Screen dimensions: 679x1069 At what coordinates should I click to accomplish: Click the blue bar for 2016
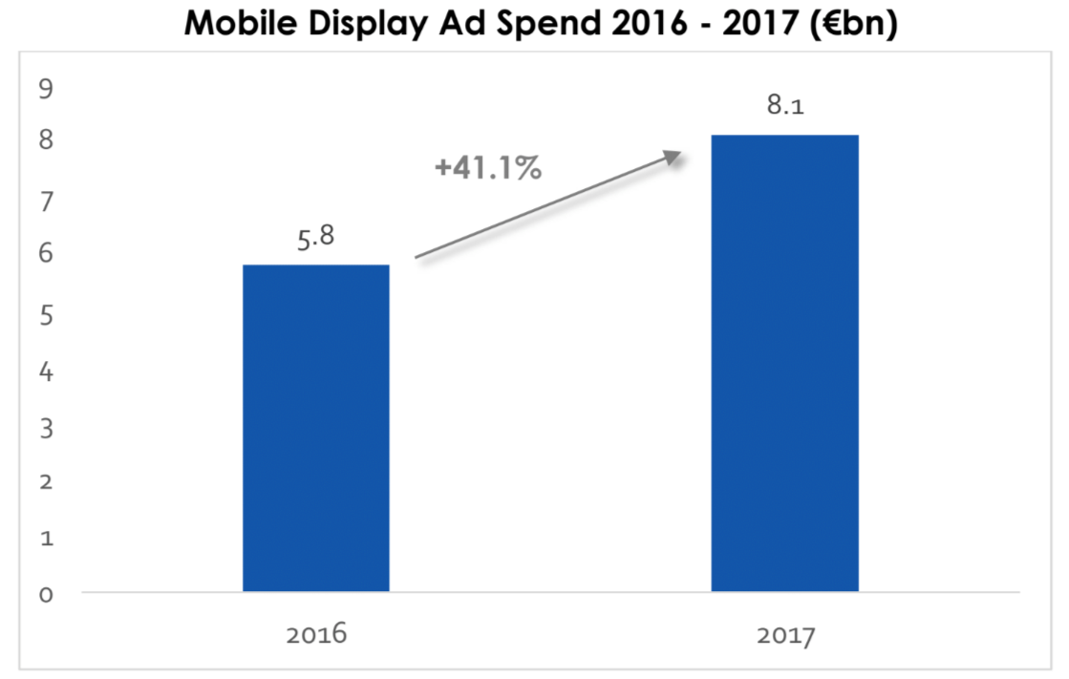(x=316, y=428)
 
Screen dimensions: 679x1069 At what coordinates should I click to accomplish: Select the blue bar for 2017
(x=784, y=363)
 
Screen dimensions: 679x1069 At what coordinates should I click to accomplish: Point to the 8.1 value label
(x=784, y=106)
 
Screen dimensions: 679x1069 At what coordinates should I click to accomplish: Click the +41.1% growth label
(x=487, y=169)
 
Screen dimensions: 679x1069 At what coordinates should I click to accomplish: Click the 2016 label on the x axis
(x=316, y=635)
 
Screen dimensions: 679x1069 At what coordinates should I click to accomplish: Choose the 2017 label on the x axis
(x=784, y=635)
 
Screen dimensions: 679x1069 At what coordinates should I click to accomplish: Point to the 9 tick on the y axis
(x=45, y=90)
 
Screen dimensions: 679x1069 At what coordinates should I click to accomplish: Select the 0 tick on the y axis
(x=45, y=593)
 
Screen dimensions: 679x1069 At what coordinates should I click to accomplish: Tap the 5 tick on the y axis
(x=45, y=314)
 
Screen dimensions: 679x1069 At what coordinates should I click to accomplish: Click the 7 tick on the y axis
(x=45, y=202)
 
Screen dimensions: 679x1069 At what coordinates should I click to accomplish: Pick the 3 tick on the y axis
(x=45, y=427)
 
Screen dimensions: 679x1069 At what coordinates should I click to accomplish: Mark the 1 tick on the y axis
(x=45, y=538)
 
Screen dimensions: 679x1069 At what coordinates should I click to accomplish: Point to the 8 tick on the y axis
(x=45, y=140)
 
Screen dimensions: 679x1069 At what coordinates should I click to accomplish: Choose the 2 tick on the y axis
(x=45, y=481)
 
